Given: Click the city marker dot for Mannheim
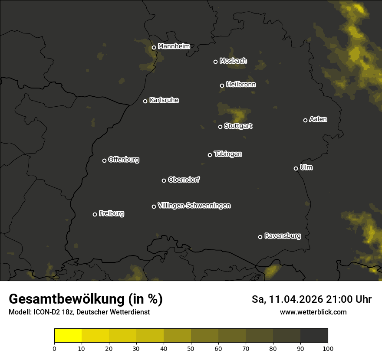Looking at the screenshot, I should (x=154, y=48).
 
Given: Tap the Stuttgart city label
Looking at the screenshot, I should (x=238, y=126).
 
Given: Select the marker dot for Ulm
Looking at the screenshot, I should (x=296, y=168).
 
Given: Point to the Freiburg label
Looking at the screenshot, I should (x=112, y=213).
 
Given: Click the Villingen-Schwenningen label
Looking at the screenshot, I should (x=194, y=206).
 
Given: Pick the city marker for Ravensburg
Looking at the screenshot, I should (x=260, y=237).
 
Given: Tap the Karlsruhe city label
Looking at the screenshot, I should (x=164, y=100).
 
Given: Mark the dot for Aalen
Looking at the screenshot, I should (x=305, y=120).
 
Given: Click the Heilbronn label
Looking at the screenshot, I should (x=241, y=85).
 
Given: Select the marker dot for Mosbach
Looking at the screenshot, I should (x=215, y=62).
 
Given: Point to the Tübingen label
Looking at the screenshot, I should (x=228, y=154).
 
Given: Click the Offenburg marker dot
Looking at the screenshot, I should (x=104, y=160).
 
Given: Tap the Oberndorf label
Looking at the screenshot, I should (x=184, y=180).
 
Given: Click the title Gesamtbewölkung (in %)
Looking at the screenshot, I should (x=86, y=299).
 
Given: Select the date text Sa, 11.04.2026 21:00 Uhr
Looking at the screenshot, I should (x=312, y=299).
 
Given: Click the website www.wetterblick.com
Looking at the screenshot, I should (x=313, y=312).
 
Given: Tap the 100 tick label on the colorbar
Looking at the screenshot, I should (x=328, y=348).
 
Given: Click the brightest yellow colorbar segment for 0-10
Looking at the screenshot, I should (x=68, y=335).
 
